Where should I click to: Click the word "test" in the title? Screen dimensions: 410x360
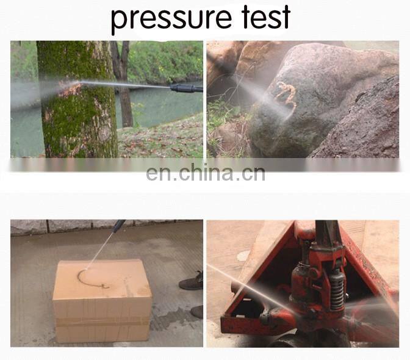265,16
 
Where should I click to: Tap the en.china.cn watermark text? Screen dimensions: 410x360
206,173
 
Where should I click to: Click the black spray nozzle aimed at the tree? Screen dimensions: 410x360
186,88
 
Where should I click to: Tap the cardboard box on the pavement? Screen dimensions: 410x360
103,301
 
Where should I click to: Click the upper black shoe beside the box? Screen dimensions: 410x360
191,282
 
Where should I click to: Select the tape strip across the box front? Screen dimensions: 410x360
103,322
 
